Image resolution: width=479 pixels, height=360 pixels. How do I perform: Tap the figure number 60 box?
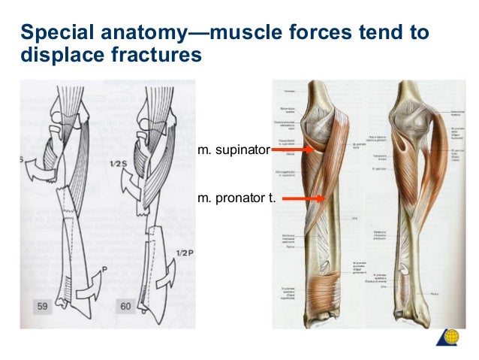pyautogui.click(x=127, y=307)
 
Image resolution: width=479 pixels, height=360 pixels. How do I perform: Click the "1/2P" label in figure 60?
pyautogui.click(x=185, y=253)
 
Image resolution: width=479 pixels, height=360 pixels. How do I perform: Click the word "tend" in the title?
pyautogui.click(x=375, y=34)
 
